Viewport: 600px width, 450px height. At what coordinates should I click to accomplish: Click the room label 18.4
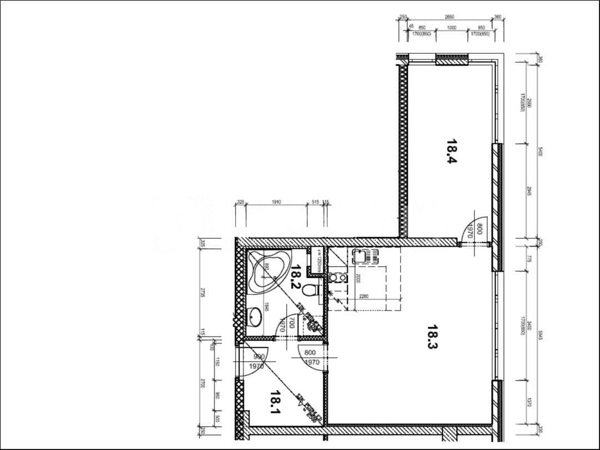pos(451,151)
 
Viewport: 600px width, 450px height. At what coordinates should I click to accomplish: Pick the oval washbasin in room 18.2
pos(255,318)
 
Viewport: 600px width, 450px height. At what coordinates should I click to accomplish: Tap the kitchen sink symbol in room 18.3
pos(364,257)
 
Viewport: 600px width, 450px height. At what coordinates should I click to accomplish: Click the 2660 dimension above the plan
pos(450,17)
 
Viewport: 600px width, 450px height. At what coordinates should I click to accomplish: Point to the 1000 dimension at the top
pos(451,28)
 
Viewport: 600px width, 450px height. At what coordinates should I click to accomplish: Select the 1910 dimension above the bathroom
pos(276,202)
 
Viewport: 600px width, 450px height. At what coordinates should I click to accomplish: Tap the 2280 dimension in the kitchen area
pos(364,296)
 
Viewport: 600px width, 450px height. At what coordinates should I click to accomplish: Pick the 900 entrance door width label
pos(258,357)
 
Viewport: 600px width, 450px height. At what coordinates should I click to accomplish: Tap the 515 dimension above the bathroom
pos(315,202)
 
